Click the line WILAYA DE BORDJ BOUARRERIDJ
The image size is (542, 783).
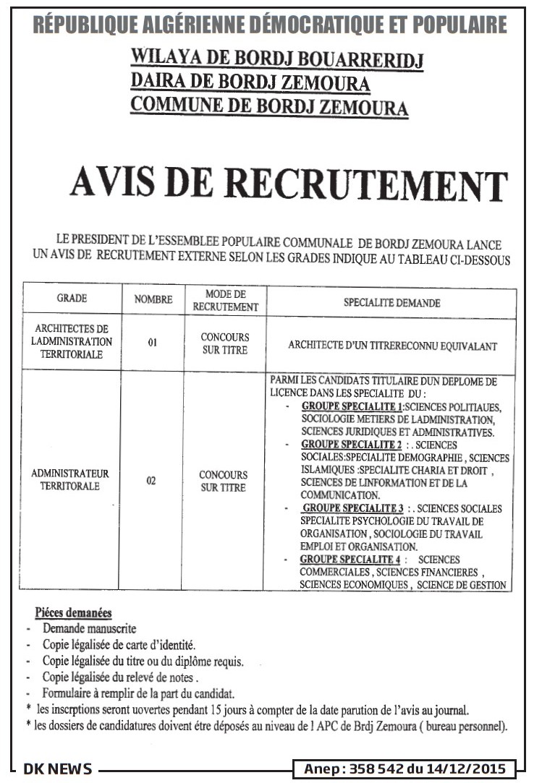[276, 59]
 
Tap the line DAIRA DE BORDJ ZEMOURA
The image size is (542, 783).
[250, 83]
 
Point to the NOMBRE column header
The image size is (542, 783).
[153, 299]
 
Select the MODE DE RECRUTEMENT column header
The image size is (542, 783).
[226, 300]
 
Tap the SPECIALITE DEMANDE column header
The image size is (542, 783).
[391, 303]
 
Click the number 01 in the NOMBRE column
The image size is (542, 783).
[153, 343]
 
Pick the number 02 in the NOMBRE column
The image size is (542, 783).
[151, 480]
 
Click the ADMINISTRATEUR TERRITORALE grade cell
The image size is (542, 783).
[70, 480]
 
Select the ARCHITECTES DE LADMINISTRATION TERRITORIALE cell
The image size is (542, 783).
[72, 342]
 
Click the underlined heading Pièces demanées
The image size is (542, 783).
[73, 612]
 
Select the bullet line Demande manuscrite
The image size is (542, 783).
[89, 629]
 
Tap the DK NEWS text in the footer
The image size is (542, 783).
[58, 769]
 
